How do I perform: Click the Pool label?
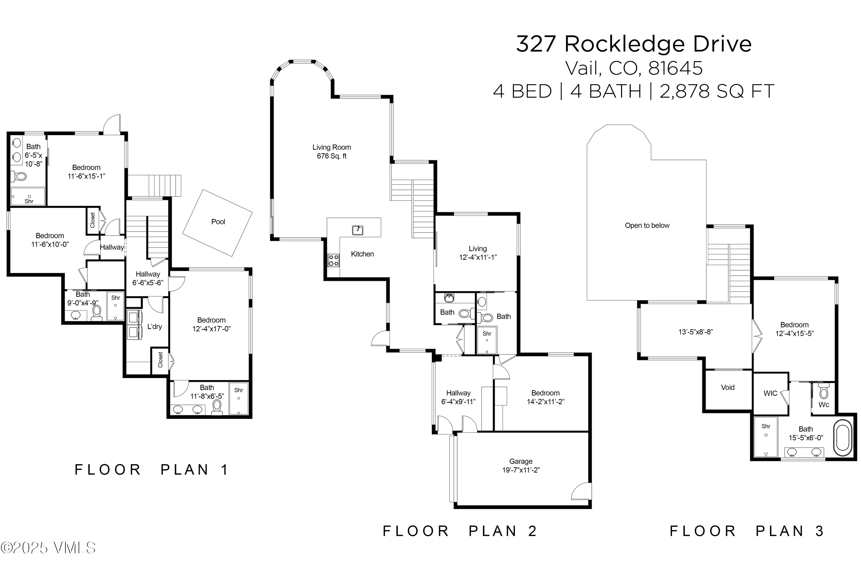[x=218, y=222]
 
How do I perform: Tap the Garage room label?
[x=521, y=466]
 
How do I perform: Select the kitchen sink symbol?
[x=358, y=230]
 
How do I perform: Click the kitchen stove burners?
[x=333, y=260]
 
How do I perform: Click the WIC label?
[x=770, y=393]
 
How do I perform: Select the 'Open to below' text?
[x=647, y=226]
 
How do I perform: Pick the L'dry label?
[x=154, y=327]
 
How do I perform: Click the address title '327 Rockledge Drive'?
[x=634, y=44]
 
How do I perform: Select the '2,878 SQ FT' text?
[x=717, y=91]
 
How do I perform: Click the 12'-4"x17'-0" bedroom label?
[x=211, y=324]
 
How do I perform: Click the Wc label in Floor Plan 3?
[x=824, y=404]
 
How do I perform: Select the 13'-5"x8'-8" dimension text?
[x=695, y=332]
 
